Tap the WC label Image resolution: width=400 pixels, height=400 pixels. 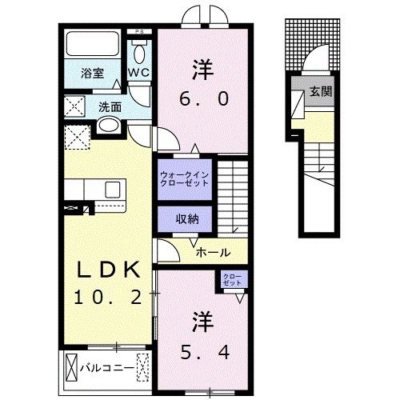140,73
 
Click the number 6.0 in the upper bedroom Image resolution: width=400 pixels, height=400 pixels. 202,98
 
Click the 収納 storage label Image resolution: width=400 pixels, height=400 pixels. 184,218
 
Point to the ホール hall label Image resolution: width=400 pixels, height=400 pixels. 214,250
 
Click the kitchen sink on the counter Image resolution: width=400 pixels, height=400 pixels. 111,189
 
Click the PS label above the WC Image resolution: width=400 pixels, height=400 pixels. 141,33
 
